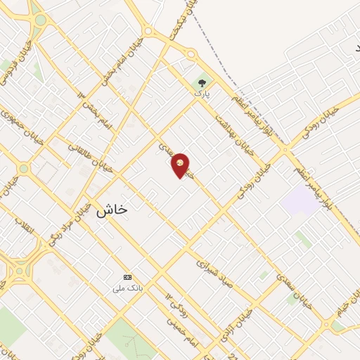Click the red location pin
point(181,165)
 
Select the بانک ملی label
point(129,288)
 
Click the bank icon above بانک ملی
point(127,276)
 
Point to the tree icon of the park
point(203,82)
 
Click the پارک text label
point(202,92)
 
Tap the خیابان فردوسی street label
point(15,59)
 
